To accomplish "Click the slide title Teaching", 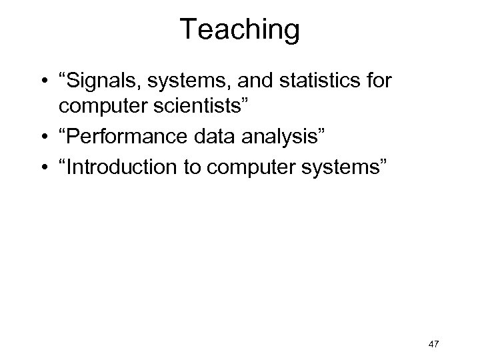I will pos(240,29).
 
